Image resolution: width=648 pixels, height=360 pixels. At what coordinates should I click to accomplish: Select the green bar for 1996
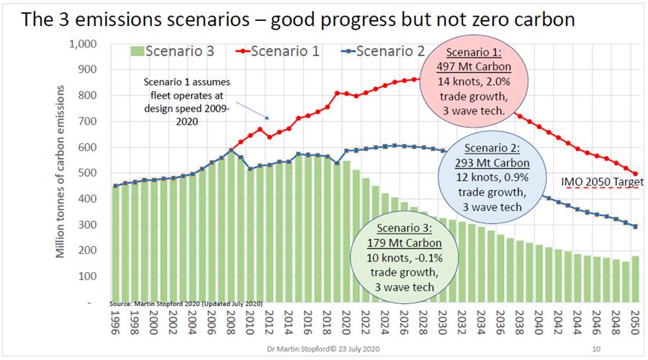(x=116, y=245)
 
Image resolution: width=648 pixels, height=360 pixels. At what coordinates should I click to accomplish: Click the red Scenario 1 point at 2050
(x=636, y=174)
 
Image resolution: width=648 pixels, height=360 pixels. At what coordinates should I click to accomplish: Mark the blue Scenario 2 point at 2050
(x=636, y=227)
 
